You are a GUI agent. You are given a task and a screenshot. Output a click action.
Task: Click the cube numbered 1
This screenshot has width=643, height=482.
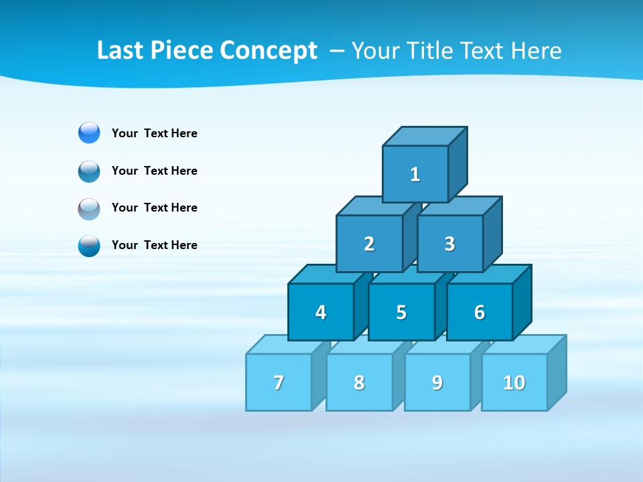[415, 174]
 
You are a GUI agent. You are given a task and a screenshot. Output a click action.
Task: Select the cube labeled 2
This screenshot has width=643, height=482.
[369, 244]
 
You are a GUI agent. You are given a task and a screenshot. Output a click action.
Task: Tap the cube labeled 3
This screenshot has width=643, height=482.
[449, 244]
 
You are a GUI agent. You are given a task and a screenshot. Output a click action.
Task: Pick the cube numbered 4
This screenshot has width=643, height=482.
[321, 312]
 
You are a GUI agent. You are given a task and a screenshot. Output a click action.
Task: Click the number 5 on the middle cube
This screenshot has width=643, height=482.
[401, 312]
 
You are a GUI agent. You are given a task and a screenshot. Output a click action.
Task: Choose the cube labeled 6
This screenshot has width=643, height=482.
[480, 312]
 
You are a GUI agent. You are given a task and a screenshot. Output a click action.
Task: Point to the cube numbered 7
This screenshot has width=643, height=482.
[279, 382]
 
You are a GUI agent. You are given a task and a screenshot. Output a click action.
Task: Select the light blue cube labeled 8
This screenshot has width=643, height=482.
[359, 382]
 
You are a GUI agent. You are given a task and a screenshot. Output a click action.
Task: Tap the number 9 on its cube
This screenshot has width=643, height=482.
[437, 382]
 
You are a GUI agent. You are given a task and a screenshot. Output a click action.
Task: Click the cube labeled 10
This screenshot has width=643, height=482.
[514, 382]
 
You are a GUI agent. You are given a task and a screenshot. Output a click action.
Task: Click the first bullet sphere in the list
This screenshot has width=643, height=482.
[89, 133]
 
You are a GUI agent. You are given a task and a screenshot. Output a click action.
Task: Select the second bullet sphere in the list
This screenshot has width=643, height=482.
[89, 171]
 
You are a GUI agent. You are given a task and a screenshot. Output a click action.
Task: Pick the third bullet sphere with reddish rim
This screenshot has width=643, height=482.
[89, 208]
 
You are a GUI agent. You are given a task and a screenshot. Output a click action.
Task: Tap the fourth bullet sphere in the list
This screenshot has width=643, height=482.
[89, 245]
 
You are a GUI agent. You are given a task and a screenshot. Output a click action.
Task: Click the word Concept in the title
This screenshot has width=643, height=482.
[269, 51]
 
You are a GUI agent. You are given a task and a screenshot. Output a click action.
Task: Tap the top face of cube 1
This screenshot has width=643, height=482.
[425, 137]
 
